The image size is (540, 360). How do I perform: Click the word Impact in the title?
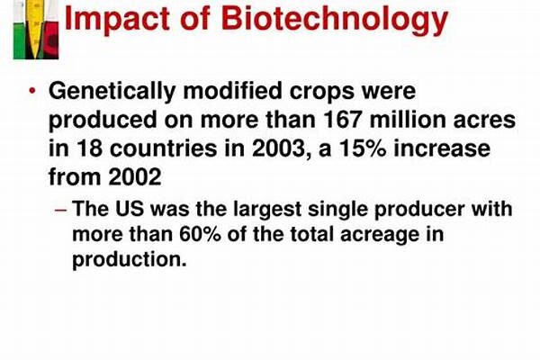(x=116, y=19)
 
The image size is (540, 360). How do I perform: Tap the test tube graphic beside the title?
(x=36, y=29)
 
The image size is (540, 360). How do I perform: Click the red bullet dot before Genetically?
(x=32, y=91)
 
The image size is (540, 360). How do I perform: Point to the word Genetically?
(x=112, y=92)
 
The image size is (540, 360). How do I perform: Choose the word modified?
(x=232, y=91)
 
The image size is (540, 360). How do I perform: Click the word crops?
(x=322, y=93)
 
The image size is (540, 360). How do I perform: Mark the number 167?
(x=342, y=121)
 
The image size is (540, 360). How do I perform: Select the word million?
(x=407, y=120)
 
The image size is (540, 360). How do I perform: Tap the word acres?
(x=484, y=122)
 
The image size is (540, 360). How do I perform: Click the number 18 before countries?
(x=89, y=148)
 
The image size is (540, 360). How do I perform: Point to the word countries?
(x=164, y=148)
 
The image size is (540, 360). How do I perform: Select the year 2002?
(x=135, y=177)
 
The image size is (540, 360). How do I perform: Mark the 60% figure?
(x=200, y=234)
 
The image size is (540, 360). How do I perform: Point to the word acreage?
(x=380, y=237)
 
